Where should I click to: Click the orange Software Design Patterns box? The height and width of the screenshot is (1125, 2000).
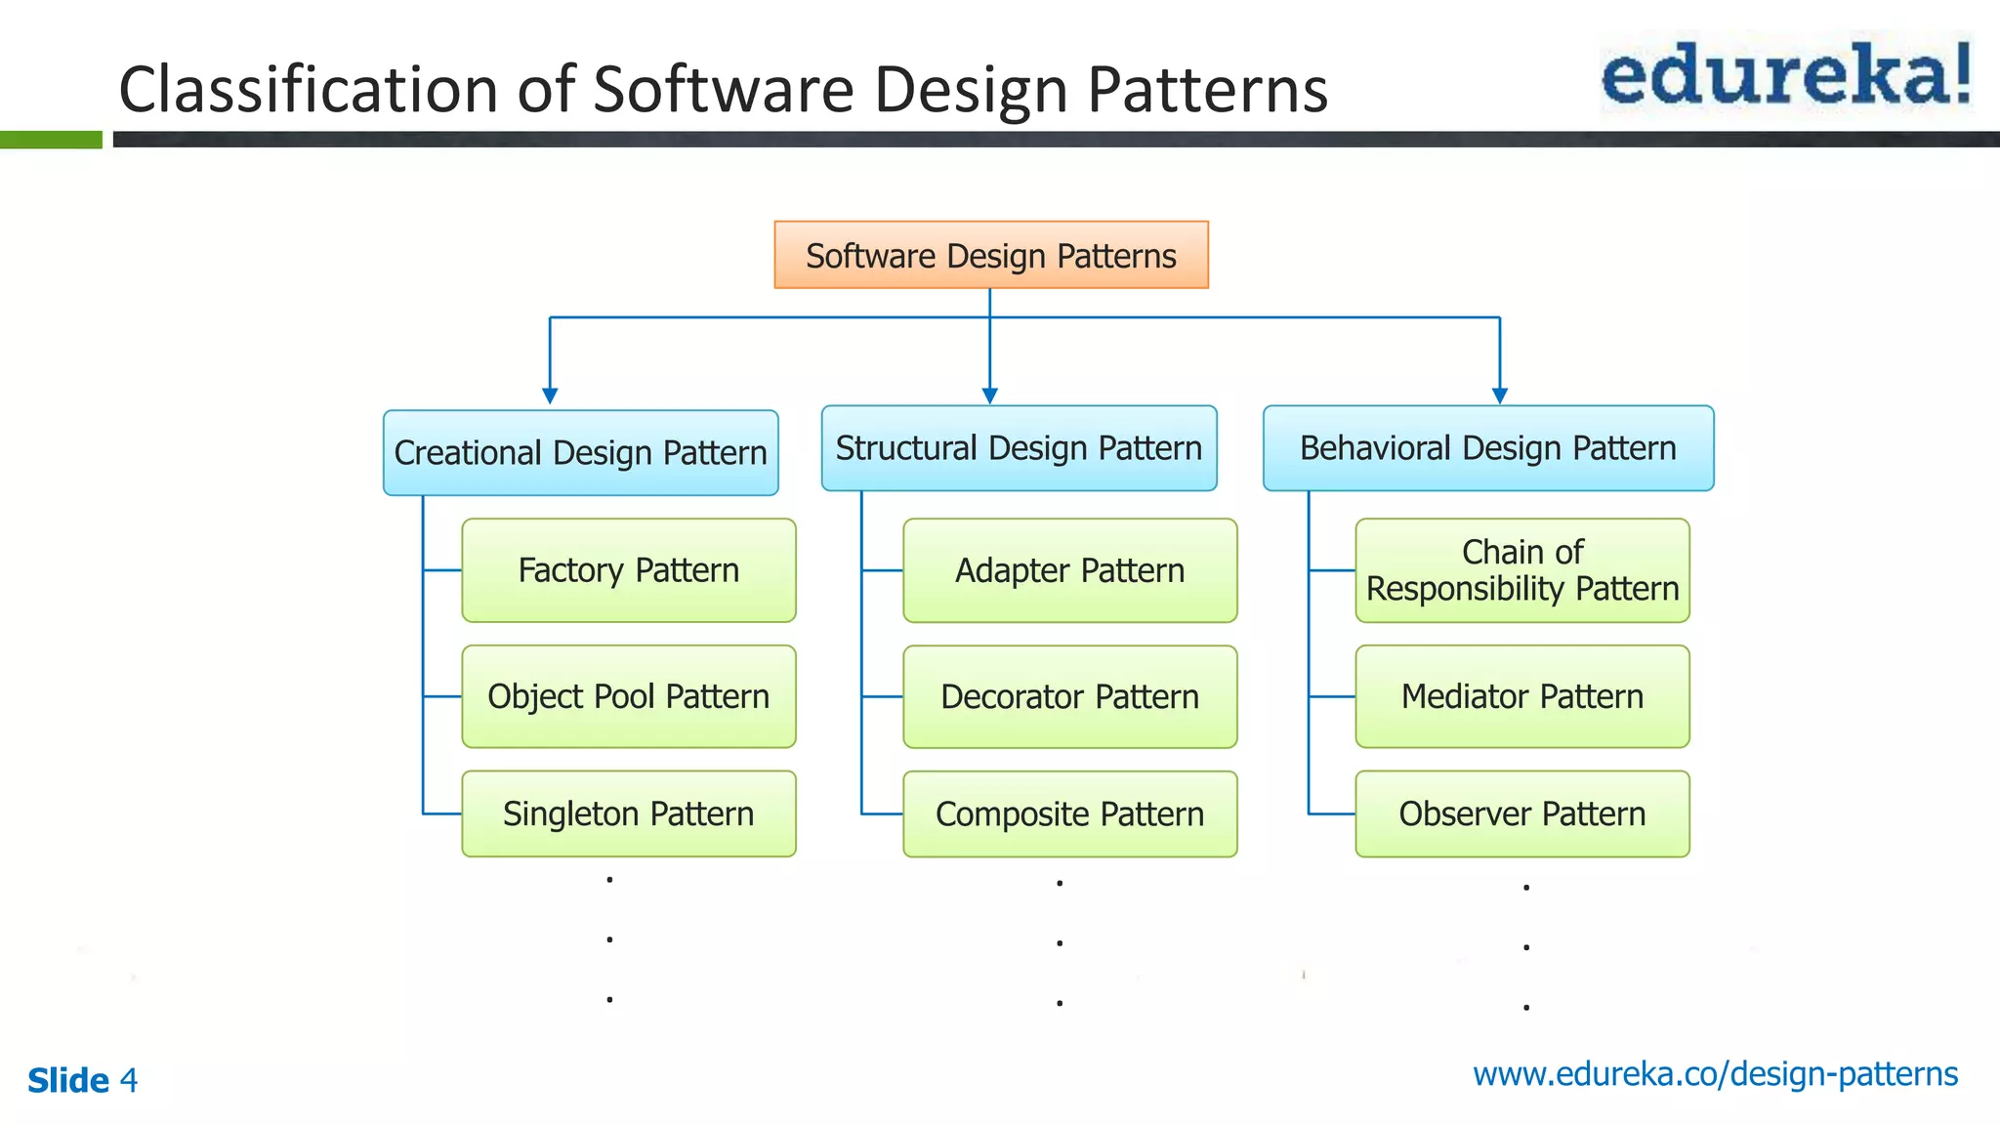point(991,255)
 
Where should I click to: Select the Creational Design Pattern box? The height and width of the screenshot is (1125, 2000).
point(580,453)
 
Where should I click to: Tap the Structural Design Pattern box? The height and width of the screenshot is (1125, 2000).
point(1019,448)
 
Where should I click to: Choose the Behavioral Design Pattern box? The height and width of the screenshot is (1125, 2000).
point(1487,448)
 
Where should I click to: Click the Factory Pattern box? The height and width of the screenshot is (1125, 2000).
point(628,570)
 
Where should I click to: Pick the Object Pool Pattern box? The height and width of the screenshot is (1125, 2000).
point(628,696)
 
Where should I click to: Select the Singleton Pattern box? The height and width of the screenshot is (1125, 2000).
point(628,813)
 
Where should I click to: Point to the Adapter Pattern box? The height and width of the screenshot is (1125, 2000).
point(1069,570)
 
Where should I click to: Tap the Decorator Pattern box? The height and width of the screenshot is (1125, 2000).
point(1069,696)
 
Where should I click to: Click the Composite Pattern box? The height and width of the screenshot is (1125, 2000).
point(1069,813)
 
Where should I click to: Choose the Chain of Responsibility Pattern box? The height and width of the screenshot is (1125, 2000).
point(1521,570)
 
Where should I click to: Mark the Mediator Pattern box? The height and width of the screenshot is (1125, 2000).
point(1521,696)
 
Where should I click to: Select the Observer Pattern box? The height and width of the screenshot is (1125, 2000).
point(1521,813)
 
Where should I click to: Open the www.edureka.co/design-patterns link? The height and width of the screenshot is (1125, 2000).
point(1715,1074)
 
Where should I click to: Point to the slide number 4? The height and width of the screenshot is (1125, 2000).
point(128,1080)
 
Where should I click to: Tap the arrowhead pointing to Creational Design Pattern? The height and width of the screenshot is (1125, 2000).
point(550,396)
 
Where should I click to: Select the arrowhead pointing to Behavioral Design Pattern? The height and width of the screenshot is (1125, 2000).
point(1500,396)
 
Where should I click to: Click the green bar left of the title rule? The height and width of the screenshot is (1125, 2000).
point(51,140)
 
